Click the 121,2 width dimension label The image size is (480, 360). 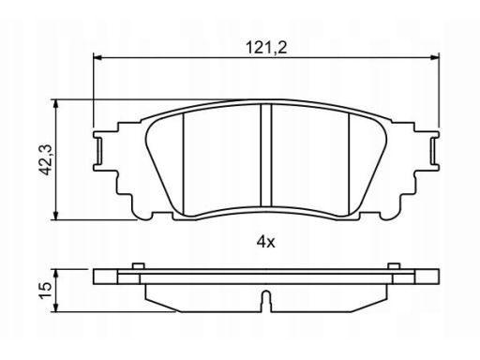coord(266,48)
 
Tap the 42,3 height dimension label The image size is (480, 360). coord(47,159)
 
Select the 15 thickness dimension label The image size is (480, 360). coord(46,291)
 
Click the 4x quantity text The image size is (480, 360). coord(265,242)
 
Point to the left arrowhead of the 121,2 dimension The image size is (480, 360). coord(97,57)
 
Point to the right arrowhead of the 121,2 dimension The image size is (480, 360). coord(435,57)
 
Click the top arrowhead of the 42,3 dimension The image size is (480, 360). coord(55,104)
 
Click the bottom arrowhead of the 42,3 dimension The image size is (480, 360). coord(55,216)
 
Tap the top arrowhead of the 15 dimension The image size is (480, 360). coord(55,274)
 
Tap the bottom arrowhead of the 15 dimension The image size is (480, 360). coord(55,307)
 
